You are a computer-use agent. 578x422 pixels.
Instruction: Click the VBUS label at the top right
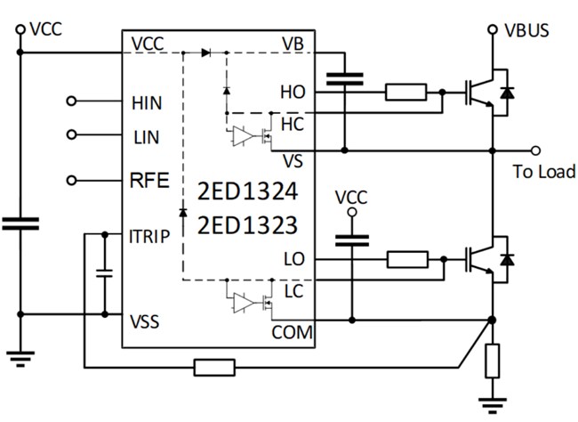pos(527,30)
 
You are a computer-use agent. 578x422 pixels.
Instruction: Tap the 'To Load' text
pos(544,170)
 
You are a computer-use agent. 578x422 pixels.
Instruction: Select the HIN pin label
pos(148,103)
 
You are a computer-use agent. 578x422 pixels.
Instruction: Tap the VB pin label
pos(293,44)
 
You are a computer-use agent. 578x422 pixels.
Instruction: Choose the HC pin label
pos(292,122)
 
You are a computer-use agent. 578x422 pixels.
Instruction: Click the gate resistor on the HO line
pos(406,91)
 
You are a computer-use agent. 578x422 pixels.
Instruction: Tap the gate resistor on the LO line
pos(408,259)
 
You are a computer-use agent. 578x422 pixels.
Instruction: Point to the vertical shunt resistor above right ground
pos(492,361)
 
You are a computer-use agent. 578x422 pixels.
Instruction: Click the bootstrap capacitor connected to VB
pos(343,81)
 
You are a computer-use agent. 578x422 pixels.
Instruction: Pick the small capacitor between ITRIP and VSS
pos(104,272)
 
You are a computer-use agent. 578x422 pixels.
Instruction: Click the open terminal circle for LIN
pos(72,135)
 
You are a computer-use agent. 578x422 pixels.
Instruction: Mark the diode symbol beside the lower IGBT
pos(507,259)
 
